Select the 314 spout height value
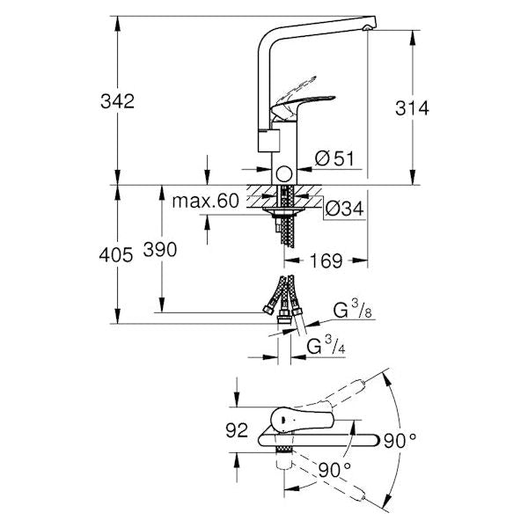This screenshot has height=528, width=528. [x=412, y=108]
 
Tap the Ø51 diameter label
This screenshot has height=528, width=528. [x=334, y=158]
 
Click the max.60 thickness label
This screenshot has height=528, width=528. [x=205, y=202]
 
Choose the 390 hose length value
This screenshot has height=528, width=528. [x=159, y=250]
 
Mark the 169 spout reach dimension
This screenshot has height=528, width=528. [x=326, y=260]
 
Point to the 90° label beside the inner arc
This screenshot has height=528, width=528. [x=335, y=467]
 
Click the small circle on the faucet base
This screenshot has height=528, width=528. [x=283, y=172]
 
